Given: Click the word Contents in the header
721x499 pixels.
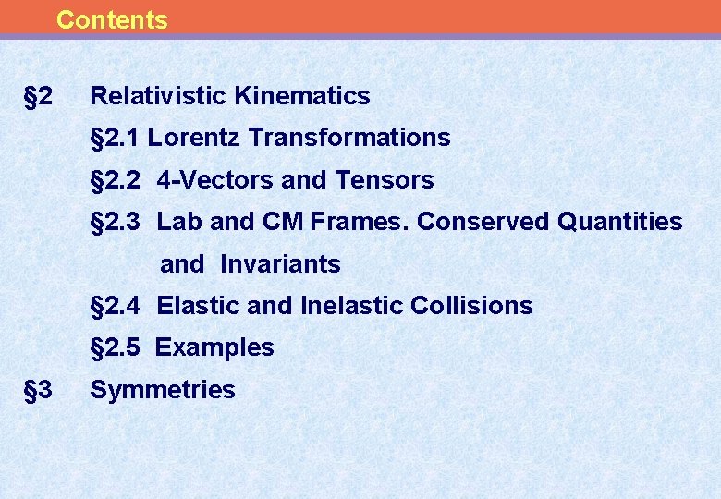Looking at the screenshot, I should click(x=112, y=19).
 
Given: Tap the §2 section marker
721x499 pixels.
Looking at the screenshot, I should click(x=38, y=95).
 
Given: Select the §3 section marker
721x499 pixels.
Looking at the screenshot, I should click(x=38, y=389).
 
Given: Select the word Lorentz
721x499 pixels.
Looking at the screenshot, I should click(x=194, y=138).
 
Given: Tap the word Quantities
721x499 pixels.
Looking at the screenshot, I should click(x=620, y=222).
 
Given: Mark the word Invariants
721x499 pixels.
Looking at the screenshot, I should click(x=280, y=264).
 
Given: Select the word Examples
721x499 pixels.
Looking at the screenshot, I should click(x=214, y=347).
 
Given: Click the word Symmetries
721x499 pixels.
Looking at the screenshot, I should click(x=163, y=390).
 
